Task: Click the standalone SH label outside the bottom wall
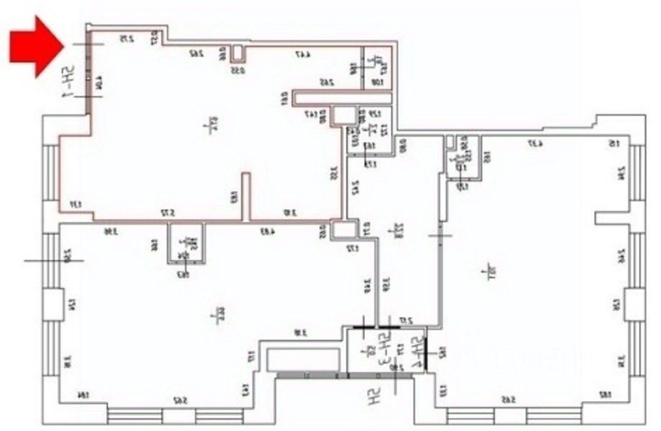(374, 397)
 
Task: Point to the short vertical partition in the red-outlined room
(245, 195)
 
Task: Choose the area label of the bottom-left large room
(213, 313)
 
